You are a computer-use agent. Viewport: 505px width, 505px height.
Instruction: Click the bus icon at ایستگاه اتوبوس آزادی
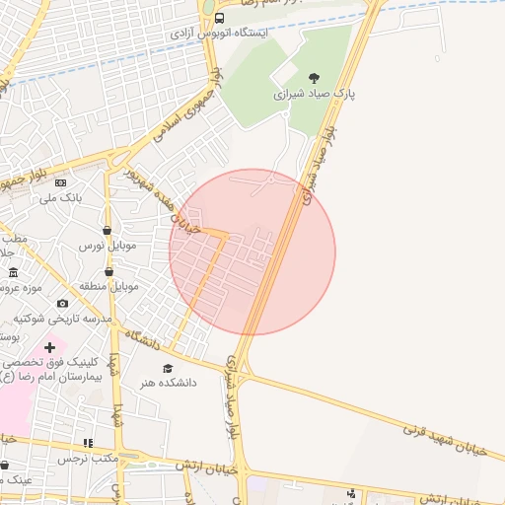pos(218,18)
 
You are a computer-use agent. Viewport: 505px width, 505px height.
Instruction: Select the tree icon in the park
pos(314,77)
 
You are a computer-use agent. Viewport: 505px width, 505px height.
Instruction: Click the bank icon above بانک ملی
pos(61,182)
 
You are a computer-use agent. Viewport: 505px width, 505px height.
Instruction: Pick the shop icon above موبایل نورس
pos(106,230)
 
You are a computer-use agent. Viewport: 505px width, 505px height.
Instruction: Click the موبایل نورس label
pos(106,245)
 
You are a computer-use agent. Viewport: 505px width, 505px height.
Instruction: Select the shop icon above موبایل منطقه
pos(108,271)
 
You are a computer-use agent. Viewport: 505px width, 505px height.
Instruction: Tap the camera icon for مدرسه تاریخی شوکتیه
pos(63,304)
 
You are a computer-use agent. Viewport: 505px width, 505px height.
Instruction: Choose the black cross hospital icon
pos(49,347)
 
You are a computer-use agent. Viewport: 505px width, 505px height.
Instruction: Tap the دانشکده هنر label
pos(168,383)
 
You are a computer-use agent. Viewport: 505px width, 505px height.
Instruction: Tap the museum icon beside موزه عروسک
pos(13,272)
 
